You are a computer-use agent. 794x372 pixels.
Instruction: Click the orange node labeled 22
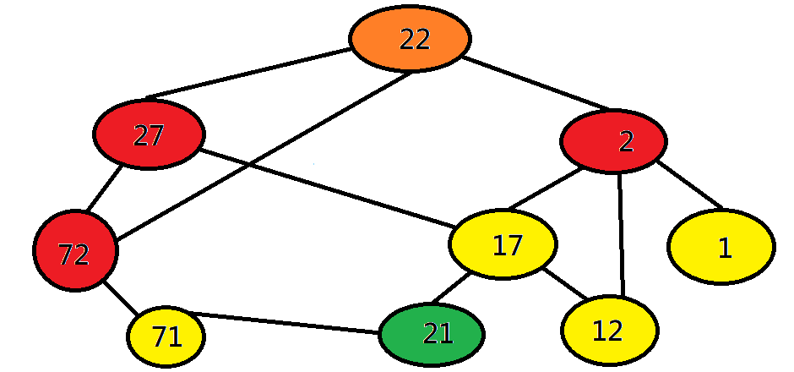(411, 39)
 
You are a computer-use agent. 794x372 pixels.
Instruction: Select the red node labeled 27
(149, 135)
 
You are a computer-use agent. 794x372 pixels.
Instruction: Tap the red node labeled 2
(613, 141)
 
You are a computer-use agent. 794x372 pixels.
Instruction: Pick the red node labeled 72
(75, 251)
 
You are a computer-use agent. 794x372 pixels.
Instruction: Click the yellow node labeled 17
(503, 244)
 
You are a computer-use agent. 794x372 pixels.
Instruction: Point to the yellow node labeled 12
(609, 330)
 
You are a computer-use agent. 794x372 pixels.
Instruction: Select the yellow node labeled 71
(166, 336)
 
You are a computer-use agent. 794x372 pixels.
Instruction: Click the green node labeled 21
(432, 334)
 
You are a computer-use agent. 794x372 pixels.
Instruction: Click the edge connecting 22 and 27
(250, 73)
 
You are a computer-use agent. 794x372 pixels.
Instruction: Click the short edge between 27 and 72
(104, 189)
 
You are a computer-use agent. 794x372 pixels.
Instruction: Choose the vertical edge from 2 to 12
(622, 235)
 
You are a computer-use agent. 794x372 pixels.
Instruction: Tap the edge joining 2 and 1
(688, 183)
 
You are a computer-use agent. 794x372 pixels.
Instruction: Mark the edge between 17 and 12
(564, 284)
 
